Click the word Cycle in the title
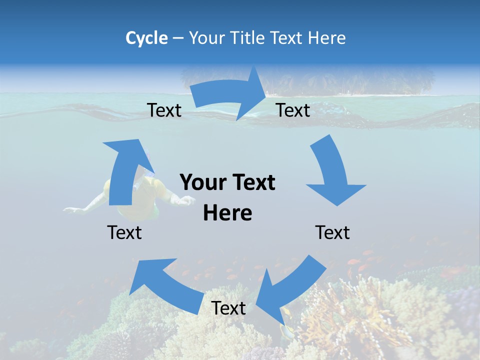146,38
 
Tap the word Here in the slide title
327,38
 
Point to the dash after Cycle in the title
177,38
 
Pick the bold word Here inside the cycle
227,213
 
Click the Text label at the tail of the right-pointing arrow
164,110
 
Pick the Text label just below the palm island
293,110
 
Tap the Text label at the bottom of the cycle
228,308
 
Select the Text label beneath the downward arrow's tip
332,232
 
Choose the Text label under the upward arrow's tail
124,232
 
